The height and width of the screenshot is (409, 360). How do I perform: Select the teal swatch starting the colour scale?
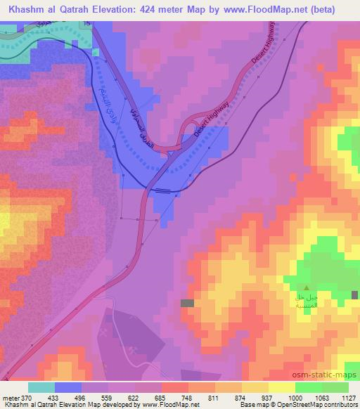pos(41,387)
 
